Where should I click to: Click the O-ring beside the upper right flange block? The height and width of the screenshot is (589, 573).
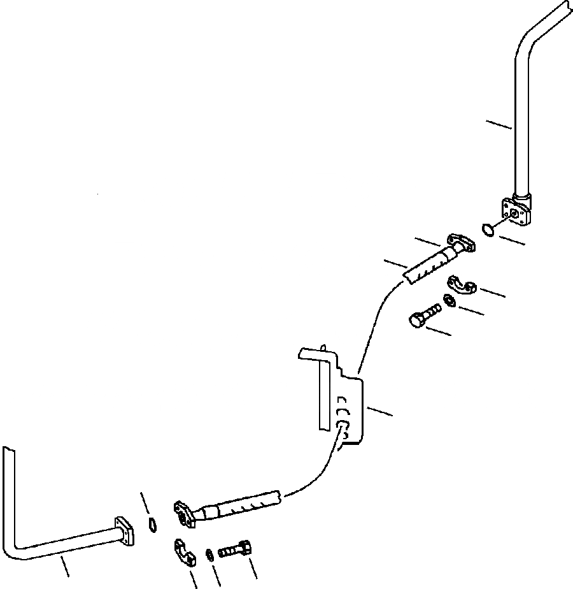[488, 228]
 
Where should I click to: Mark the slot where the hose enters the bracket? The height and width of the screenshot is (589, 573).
[344, 425]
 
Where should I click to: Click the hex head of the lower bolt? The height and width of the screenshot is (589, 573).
[246, 547]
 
